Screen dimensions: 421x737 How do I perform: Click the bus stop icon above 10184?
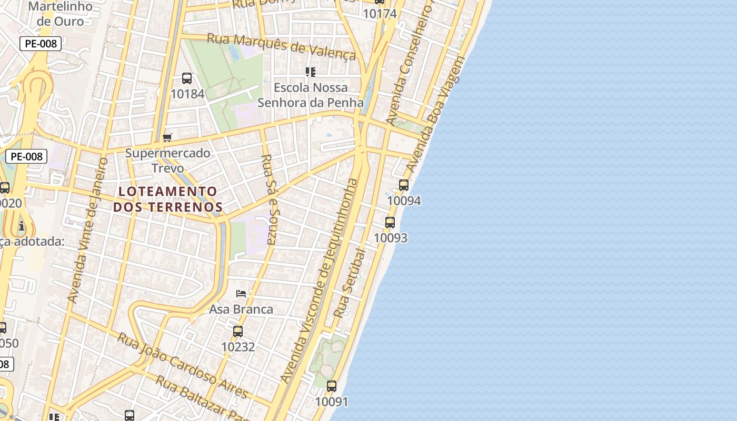[186, 78]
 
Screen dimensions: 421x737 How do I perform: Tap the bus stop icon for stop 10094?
[404, 185]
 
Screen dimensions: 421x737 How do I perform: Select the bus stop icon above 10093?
[390, 223]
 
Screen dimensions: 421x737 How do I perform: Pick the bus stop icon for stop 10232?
[238, 332]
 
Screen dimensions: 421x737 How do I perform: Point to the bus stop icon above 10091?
[332, 386]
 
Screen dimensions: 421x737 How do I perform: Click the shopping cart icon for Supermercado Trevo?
[167, 138]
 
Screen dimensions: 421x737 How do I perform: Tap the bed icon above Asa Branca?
[241, 294]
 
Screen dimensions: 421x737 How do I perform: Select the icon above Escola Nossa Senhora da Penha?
[311, 72]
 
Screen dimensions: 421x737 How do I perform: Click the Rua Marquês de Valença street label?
[281, 46]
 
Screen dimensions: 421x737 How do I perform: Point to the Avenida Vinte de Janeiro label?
[87, 230]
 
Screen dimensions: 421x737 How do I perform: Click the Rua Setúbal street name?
[350, 283]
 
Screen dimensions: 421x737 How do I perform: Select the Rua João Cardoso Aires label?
[182, 365]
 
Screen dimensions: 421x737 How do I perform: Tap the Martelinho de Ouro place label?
[60, 14]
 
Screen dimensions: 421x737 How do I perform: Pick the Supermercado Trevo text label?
[167, 161]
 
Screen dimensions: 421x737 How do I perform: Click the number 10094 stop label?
[404, 201]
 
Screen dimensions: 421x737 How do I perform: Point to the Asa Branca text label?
[241, 309]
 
